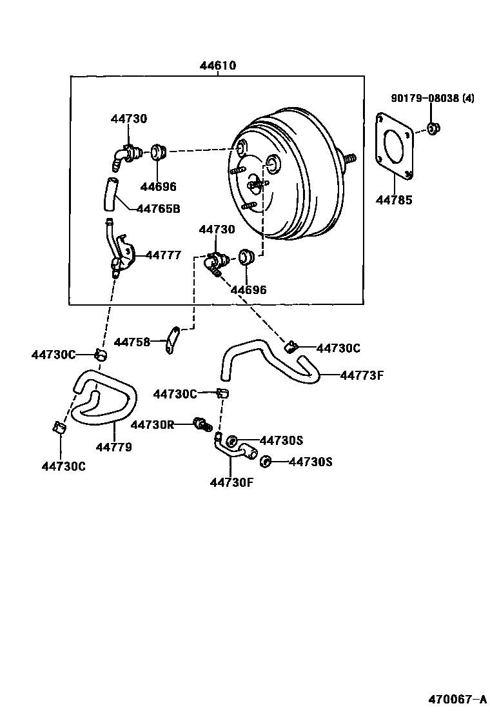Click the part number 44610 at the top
click(217, 66)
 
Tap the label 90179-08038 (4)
click(433, 99)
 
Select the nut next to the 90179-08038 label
click(433, 129)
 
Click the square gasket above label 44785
click(394, 146)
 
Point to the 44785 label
click(394, 200)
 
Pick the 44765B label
click(158, 208)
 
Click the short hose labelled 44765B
click(110, 194)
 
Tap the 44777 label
click(163, 255)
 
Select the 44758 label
click(132, 342)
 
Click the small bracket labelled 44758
click(171, 340)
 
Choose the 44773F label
click(362, 374)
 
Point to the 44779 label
click(114, 447)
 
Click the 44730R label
click(152, 424)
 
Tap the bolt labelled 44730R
click(203, 424)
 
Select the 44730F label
click(231, 482)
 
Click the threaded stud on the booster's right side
click(349, 158)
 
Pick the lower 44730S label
click(310, 462)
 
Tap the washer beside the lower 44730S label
click(264, 461)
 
